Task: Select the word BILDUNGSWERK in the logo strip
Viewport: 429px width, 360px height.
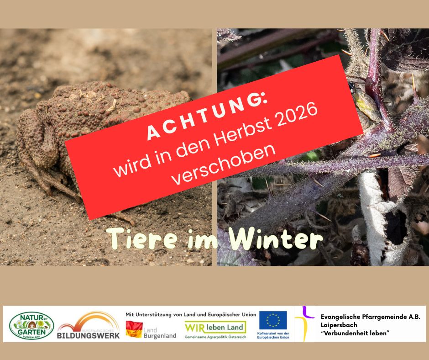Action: click(x=89, y=335)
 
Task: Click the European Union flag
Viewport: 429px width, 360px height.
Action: click(x=273, y=320)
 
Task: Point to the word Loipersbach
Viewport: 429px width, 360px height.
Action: click(x=339, y=325)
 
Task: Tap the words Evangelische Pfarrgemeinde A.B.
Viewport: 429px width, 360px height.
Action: click(x=370, y=316)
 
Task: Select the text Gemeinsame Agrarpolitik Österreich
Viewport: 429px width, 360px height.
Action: click(x=215, y=337)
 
